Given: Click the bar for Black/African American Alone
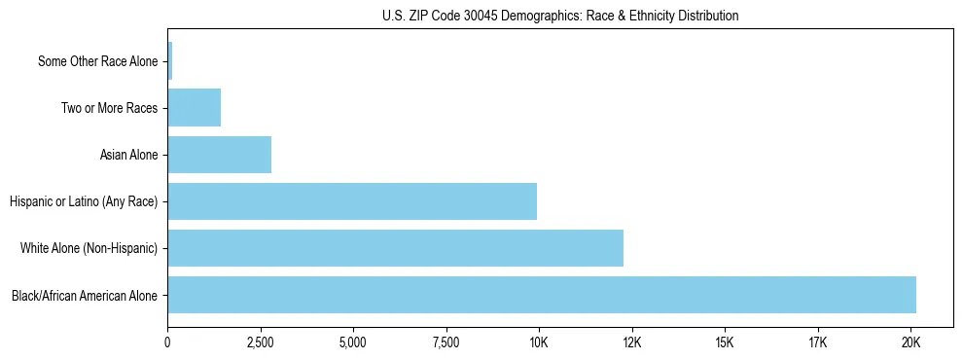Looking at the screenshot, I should click(x=542, y=295).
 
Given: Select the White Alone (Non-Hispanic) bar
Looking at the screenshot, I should click(x=395, y=248).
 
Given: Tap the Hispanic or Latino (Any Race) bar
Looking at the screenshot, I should click(x=352, y=201).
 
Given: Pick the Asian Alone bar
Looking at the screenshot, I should click(x=219, y=155).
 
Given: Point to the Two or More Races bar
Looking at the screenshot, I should click(x=194, y=108).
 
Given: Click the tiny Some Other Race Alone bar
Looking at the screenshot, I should click(x=170, y=61).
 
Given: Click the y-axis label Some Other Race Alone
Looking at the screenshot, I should click(x=97, y=61).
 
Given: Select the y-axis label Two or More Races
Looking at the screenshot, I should click(x=109, y=108).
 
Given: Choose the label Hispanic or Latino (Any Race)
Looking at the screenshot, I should click(x=84, y=201).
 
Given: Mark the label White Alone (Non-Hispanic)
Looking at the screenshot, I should click(x=89, y=248).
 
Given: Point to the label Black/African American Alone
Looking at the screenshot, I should click(x=85, y=295).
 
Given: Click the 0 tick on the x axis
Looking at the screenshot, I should click(x=167, y=343).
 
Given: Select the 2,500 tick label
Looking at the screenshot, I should click(x=260, y=343).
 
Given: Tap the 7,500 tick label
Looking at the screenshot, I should click(x=446, y=343).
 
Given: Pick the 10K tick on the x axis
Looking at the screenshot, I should click(x=539, y=343).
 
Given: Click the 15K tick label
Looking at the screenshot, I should click(x=725, y=343).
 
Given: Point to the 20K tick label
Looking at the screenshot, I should click(x=910, y=343).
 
